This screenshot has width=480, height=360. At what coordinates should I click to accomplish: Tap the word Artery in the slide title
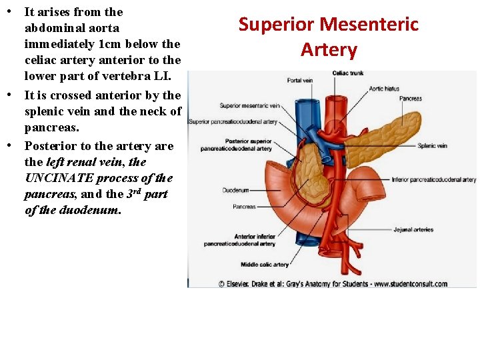[329, 49]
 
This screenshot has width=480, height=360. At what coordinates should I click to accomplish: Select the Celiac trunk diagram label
[347, 73]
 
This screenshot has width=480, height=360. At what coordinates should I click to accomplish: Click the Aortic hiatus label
[385, 89]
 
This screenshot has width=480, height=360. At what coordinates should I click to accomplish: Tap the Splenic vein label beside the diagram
[432, 146]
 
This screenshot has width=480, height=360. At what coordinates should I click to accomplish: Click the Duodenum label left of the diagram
[235, 190]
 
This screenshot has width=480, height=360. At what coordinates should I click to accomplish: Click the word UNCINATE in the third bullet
[59, 178]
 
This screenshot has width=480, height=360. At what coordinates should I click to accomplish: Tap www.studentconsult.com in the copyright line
[411, 284]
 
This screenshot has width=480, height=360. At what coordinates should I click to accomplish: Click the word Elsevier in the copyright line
[244, 284]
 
